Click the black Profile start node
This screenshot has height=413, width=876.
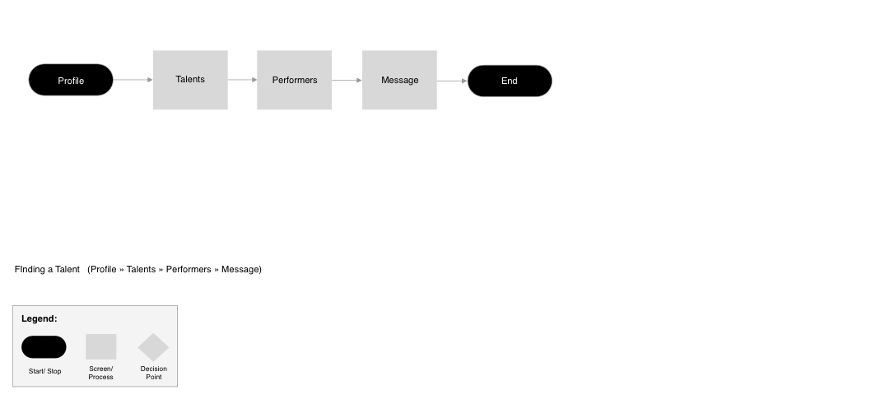[x=71, y=80]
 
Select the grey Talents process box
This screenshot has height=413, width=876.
[x=190, y=80]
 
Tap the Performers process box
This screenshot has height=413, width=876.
[x=294, y=80]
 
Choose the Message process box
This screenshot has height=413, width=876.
[x=399, y=80]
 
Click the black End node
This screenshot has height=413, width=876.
[x=510, y=81]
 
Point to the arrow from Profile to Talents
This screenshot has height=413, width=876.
[x=133, y=80]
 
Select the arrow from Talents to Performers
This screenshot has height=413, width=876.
[x=242, y=80]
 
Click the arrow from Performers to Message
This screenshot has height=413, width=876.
[x=347, y=80]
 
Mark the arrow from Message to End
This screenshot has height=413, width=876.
[x=452, y=81]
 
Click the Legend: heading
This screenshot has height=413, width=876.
[x=40, y=318]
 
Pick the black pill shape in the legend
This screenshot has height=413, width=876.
[x=44, y=347]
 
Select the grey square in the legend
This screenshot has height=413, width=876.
[x=101, y=346]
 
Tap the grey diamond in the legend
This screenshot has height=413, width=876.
[x=153, y=347]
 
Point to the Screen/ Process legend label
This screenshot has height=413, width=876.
[x=101, y=373]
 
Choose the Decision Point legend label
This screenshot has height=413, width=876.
[x=153, y=373]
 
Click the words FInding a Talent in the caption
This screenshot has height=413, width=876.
[x=47, y=269]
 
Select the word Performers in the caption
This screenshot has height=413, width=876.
[x=189, y=269]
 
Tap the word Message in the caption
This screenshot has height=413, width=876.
[x=240, y=269]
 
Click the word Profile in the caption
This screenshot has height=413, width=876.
[x=104, y=269]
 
